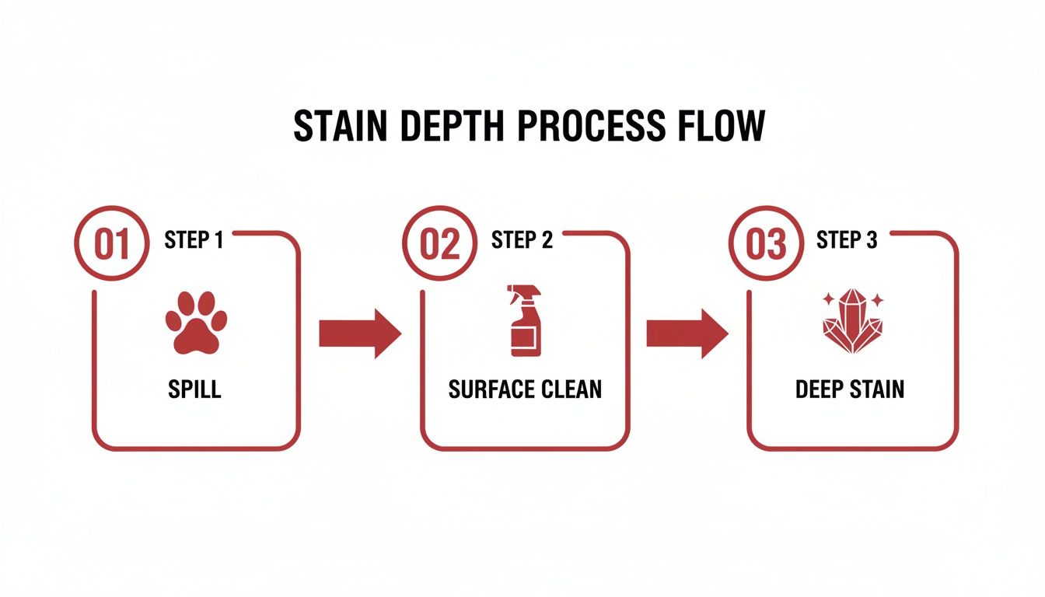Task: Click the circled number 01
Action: coord(112,244)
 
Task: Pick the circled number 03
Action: coord(765,244)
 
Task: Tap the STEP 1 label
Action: coord(194,240)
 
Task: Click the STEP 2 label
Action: coord(522,240)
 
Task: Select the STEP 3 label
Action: coord(847,240)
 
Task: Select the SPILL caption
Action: coord(194,389)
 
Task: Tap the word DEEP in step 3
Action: coord(820,389)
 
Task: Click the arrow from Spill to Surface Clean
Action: coord(360,334)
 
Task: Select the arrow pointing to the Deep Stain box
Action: coord(687,334)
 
